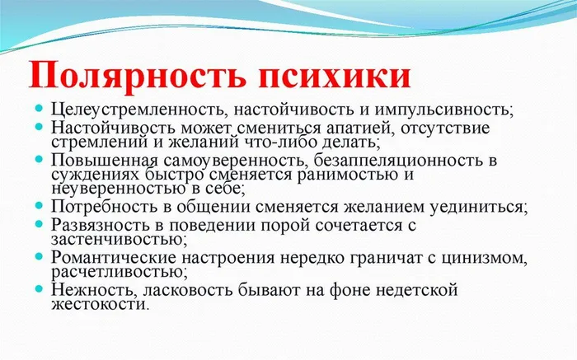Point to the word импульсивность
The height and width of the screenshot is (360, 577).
point(443,110)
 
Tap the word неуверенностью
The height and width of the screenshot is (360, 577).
point(118,189)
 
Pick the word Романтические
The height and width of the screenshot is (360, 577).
point(114,257)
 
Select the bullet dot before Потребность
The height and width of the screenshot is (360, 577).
point(39,205)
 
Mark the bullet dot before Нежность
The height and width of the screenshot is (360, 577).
point(39,288)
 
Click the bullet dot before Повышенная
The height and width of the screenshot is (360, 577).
point(39,159)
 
